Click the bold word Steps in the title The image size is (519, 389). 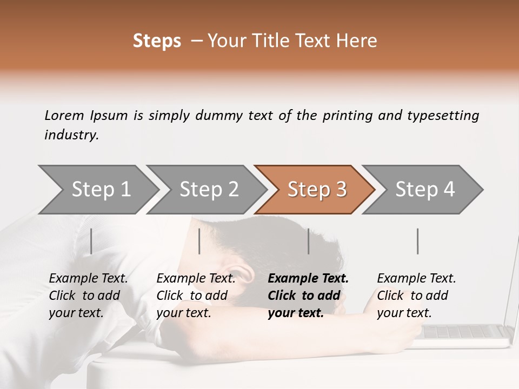click(x=157, y=41)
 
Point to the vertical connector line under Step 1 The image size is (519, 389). click(x=91, y=241)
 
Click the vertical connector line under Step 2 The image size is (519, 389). click(x=199, y=241)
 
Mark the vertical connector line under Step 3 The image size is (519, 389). click(x=308, y=241)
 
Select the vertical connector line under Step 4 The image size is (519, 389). click(x=417, y=241)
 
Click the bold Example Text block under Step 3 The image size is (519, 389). click(x=308, y=296)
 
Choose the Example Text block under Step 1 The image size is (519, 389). click(x=88, y=296)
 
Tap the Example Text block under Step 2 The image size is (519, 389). click(x=196, y=296)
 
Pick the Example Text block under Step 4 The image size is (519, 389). click(x=416, y=296)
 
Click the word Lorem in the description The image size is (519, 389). click(x=64, y=115)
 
